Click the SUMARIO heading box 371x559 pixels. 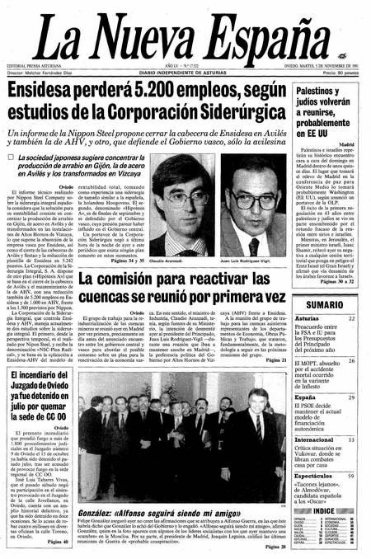(x=325, y=304)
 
